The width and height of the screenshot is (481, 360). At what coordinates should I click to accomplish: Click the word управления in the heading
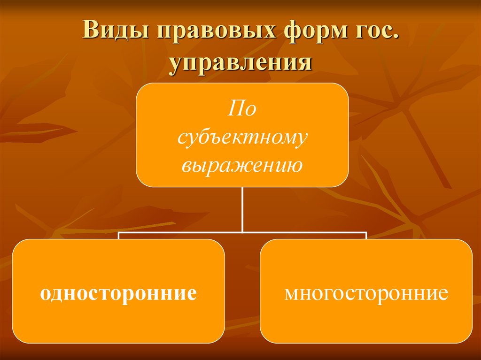click(241, 62)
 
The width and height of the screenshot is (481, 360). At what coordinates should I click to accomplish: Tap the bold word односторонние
click(118, 294)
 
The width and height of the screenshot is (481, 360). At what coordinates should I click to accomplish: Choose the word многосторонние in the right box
click(366, 294)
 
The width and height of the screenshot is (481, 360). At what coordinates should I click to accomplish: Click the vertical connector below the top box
click(242, 209)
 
